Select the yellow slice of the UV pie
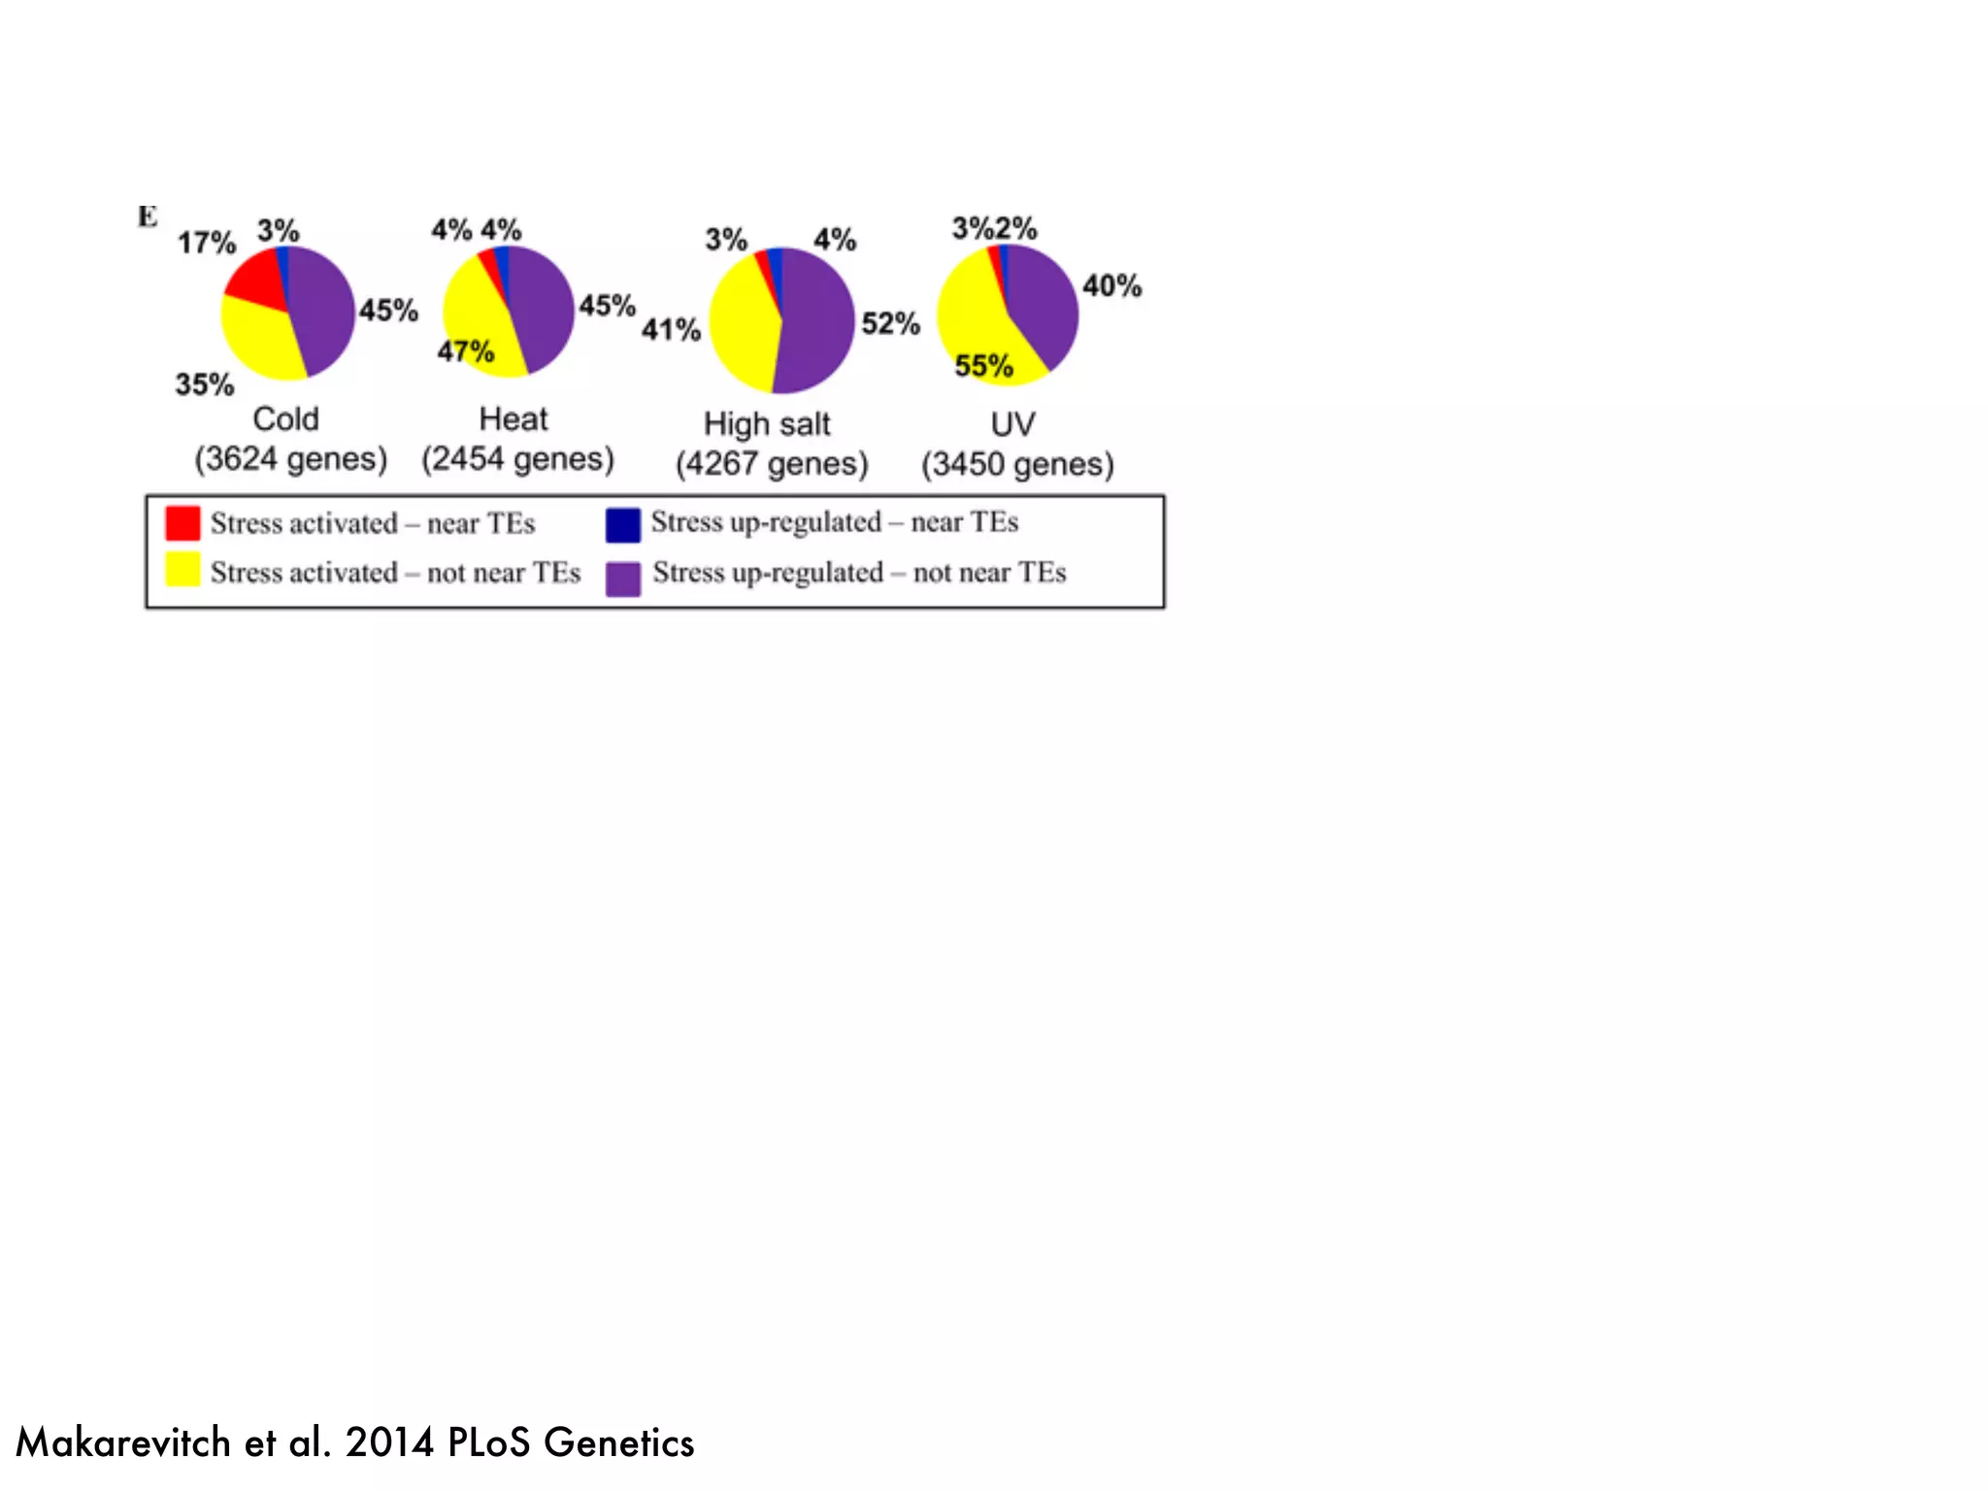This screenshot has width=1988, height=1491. [971, 320]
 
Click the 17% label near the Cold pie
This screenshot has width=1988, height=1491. [206, 243]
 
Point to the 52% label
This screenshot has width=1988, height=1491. [890, 323]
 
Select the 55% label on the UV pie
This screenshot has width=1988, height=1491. [983, 366]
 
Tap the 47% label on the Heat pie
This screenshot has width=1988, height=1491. [466, 350]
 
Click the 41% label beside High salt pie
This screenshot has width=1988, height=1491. [671, 330]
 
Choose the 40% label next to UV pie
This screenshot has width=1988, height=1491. [1112, 286]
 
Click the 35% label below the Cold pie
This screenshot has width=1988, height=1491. [205, 384]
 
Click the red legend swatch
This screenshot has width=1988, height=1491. [182, 523]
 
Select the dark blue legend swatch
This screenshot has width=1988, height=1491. [623, 525]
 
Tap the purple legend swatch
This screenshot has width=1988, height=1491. [623, 579]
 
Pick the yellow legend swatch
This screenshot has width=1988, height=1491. [182, 570]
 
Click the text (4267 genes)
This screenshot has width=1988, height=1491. [772, 464]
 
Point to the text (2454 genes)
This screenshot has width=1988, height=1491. [517, 459]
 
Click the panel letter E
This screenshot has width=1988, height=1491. [148, 216]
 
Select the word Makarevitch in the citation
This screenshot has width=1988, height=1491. [123, 1443]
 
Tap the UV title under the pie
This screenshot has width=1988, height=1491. [1012, 424]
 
